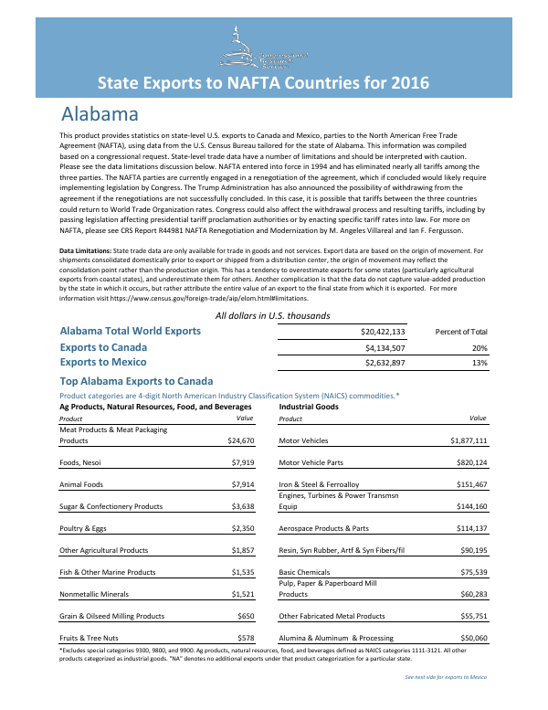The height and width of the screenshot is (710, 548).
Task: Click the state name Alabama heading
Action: [100, 115]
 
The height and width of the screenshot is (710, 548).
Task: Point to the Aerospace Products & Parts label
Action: [323, 528]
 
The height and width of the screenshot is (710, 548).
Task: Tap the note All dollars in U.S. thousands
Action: [272, 315]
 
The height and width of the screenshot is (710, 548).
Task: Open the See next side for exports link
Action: [446, 677]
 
